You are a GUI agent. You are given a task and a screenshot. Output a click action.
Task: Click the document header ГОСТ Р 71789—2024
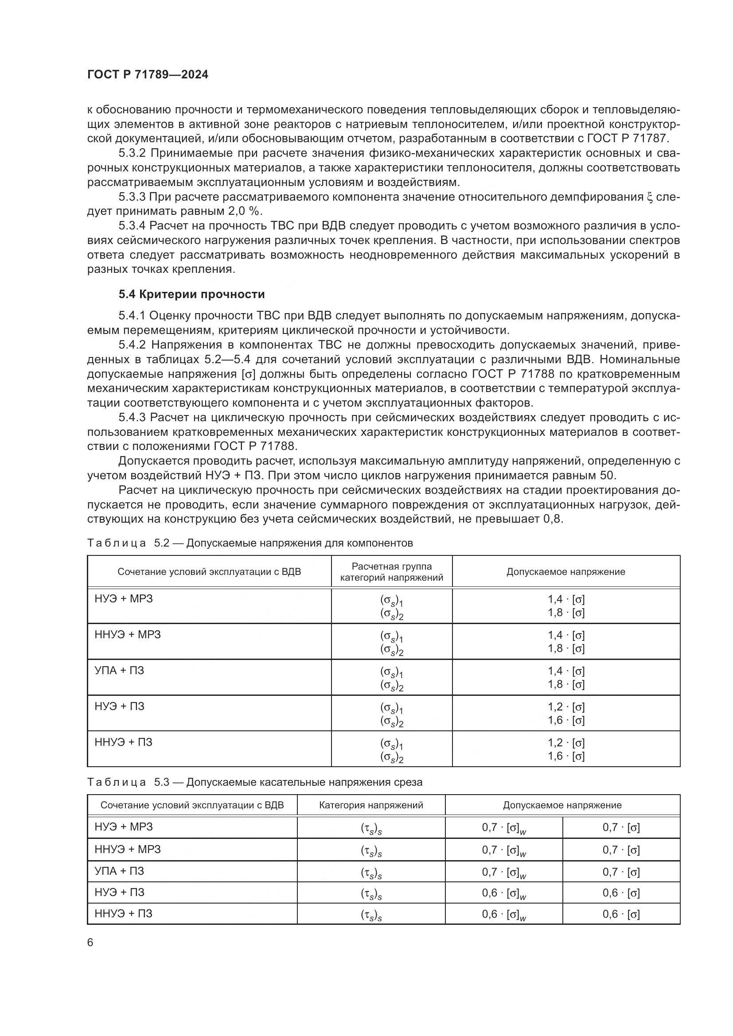[x=148, y=75]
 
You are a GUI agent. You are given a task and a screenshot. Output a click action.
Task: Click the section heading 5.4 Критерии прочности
[x=192, y=294]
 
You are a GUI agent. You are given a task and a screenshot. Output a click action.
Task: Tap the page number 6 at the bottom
[x=90, y=943]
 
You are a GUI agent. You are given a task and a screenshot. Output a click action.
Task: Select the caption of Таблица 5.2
[x=250, y=543]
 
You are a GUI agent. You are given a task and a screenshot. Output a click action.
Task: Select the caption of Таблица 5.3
[x=254, y=782]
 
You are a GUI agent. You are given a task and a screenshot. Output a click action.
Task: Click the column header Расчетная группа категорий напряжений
[x=391, y=572]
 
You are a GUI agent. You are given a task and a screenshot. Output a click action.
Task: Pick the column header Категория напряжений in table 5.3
[x=370, y=805]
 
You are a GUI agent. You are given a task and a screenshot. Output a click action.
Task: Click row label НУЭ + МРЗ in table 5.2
[x=124, y=599]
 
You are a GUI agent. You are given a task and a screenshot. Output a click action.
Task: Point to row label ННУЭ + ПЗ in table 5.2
[x=124, y=742]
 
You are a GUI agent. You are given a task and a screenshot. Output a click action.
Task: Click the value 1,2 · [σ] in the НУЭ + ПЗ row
[x=566, y=707]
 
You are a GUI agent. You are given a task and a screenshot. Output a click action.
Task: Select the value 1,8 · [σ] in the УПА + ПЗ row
[x=566, y=684]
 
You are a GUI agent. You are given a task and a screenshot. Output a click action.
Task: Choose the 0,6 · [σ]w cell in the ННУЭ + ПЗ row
[x=504, y=914]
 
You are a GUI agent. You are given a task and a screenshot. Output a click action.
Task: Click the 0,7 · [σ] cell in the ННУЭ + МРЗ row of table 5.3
[x=621, y=850]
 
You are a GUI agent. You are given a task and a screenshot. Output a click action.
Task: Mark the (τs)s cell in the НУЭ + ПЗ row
[x=371, y=893]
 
